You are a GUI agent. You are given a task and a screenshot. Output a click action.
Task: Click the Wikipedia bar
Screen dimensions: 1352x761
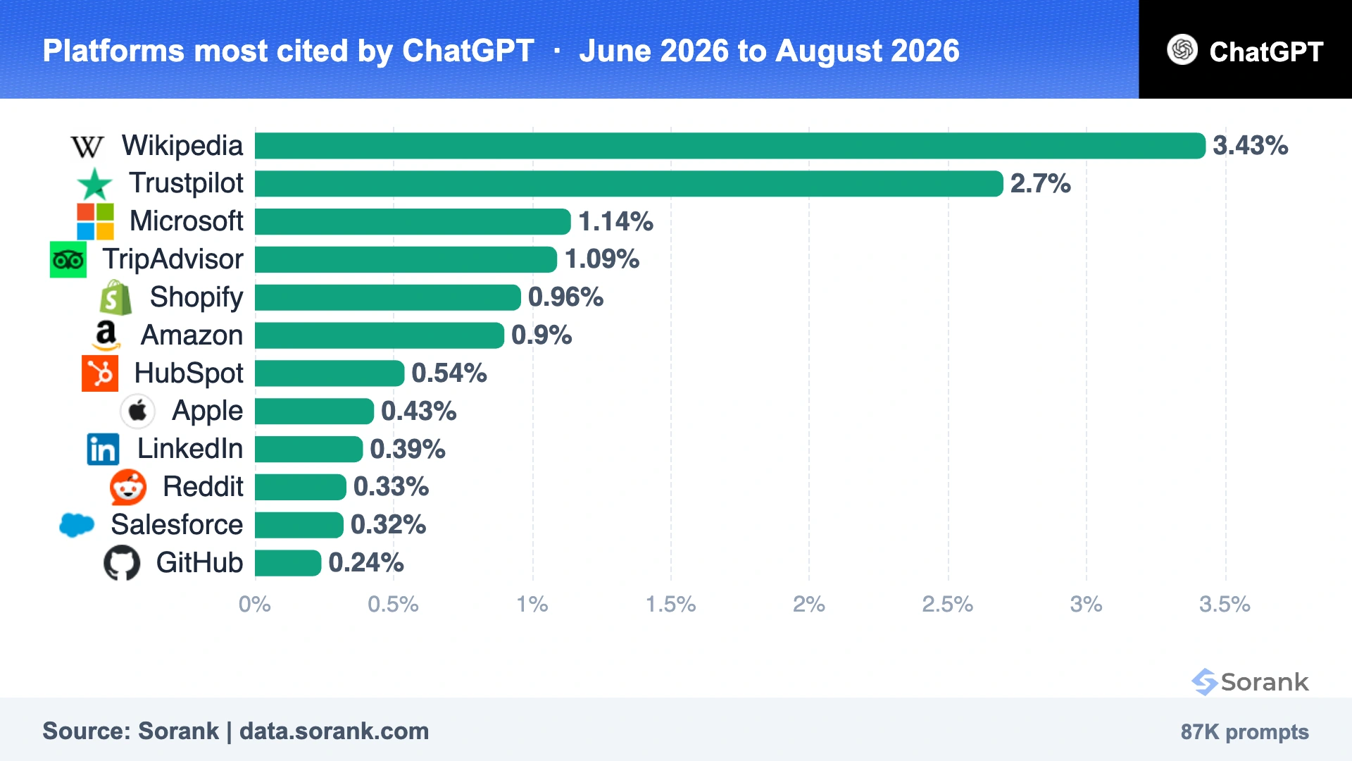730,146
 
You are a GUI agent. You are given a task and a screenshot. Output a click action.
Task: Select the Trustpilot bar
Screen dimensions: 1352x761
629,184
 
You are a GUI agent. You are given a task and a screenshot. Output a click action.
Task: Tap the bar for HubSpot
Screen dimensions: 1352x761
330,373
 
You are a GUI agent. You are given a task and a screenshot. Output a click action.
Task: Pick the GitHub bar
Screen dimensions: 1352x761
288,563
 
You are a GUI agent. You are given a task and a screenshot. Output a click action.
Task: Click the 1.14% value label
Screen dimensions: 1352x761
615,222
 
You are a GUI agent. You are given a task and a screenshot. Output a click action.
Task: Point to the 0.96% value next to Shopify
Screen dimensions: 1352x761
565,297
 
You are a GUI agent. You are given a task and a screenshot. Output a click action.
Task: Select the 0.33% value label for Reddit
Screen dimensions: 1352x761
391,487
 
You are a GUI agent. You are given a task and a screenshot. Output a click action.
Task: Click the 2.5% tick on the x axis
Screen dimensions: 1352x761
948,605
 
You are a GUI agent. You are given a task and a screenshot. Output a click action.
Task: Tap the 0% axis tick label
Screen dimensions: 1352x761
255,605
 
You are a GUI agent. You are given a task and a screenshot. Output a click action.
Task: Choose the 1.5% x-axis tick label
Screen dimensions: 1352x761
671,605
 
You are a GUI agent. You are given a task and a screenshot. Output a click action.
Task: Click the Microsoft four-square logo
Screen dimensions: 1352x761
95,222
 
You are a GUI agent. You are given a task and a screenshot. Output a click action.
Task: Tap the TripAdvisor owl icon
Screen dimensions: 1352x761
68,260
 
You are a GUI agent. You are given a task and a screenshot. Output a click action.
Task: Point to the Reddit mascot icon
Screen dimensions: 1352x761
128,487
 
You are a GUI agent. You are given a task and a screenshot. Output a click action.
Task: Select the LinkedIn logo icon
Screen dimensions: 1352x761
103,450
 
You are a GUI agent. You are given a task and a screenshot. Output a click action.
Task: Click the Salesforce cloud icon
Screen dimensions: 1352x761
77,525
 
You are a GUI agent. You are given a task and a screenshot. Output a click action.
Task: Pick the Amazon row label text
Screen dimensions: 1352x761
192,335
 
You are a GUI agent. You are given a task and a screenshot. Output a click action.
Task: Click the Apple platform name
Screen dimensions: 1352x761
207,412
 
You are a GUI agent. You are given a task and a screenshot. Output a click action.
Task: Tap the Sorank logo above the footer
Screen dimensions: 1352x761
1250,682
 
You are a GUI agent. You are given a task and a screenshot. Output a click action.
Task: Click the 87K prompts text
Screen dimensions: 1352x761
1245,732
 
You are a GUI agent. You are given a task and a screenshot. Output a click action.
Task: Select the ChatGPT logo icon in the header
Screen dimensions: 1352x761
1182,50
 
